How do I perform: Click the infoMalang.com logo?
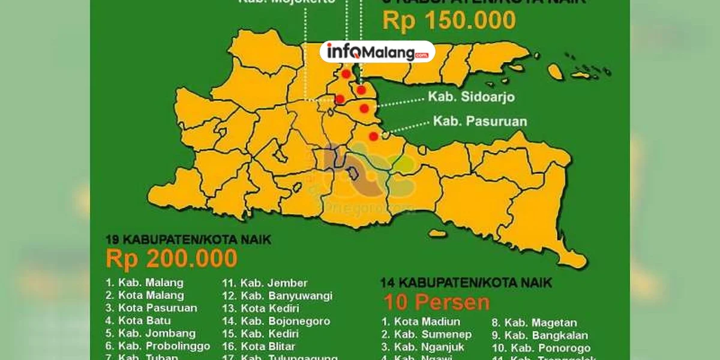tap(377, 52)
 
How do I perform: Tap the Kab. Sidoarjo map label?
tap(471, 97)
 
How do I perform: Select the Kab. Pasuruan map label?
tap(479, 121)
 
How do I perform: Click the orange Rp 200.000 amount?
tap(172, 259)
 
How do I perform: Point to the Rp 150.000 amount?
tap(449, 20)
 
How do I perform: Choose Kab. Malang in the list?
tap(145, 282)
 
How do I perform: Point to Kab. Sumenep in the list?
tap(426, 334)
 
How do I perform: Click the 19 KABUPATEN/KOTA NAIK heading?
tap(188, 239)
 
